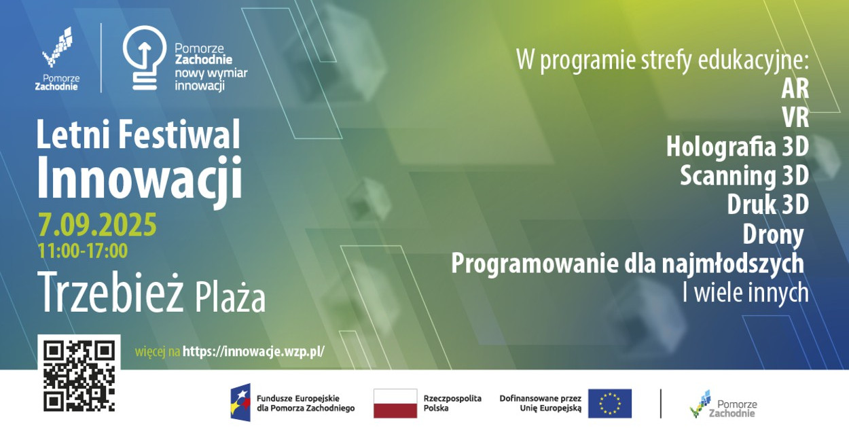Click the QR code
point(79,376)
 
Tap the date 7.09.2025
point(97,224)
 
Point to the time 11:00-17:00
point(83,251)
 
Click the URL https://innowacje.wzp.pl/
point(253,352)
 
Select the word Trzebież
point(110,292)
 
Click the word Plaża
point(230,299)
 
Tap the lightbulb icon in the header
point(145,58)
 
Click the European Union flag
point(610,404)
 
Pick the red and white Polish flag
point(395,404)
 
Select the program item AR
point(795,89)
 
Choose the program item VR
point(795,118)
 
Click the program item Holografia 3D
point(738,147)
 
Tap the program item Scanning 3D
point(744,176)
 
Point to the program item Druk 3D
point(768,204)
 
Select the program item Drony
point(773,234)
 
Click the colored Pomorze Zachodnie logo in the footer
point(723,404)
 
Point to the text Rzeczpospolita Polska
point(452,403)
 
